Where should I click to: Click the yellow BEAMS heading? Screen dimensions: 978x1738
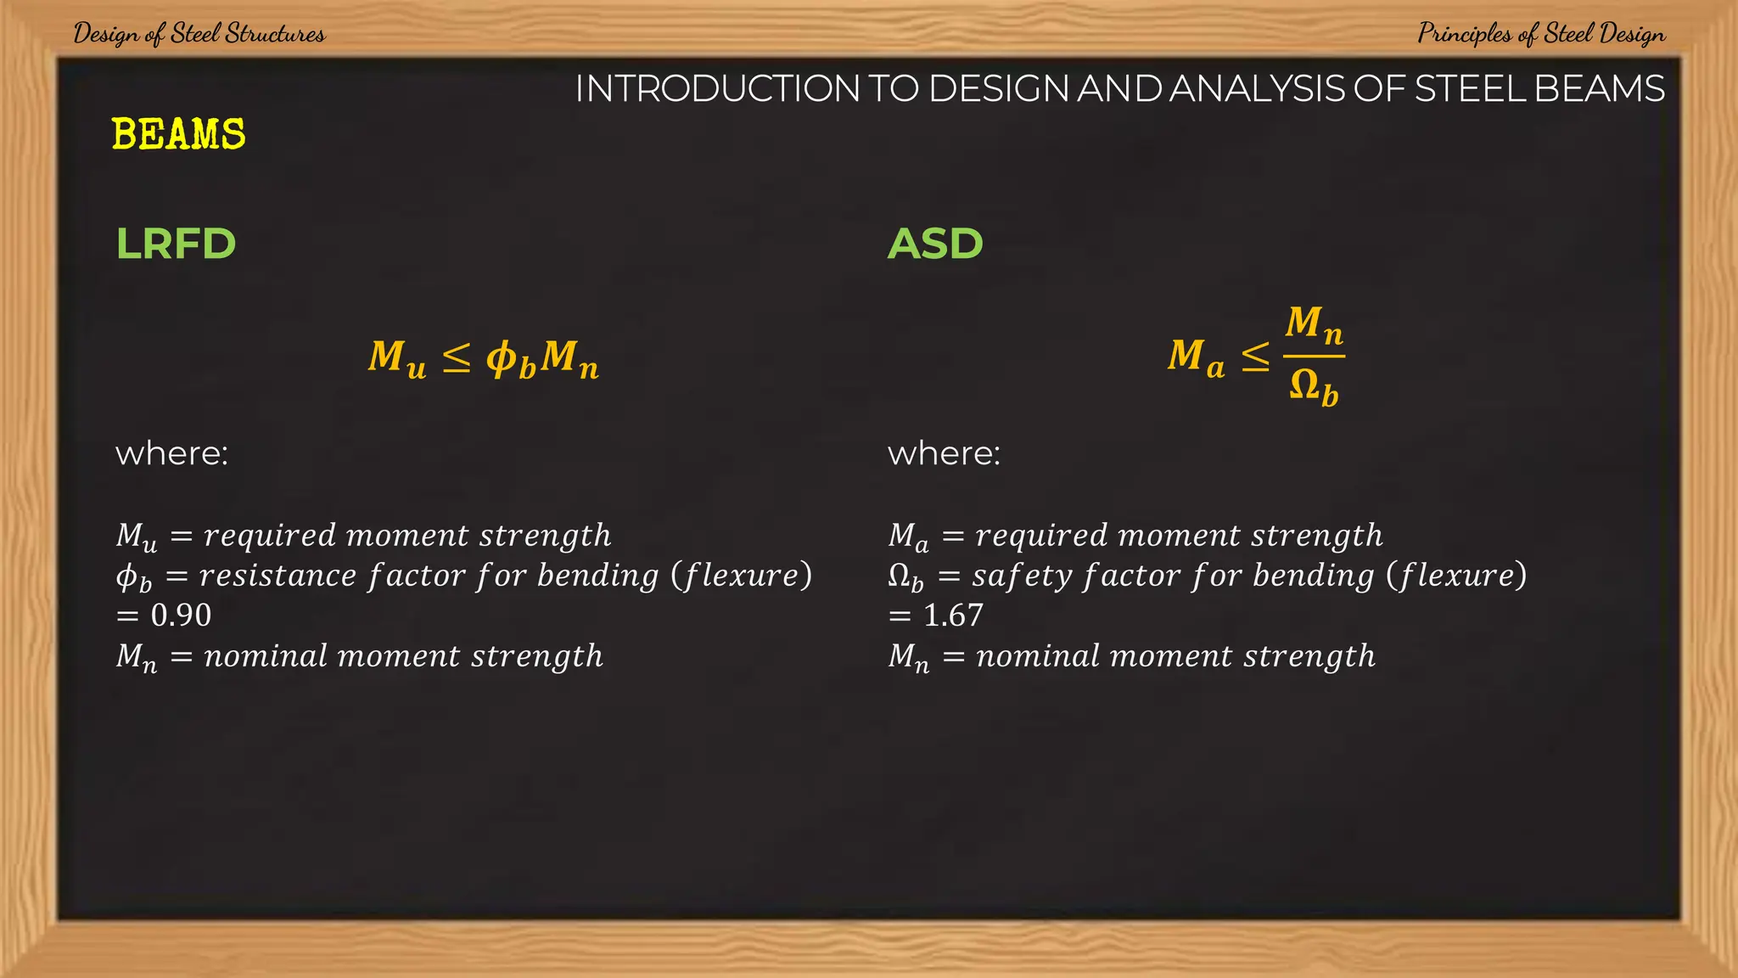click(178, 134)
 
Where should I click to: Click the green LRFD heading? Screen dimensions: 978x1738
click(176, 244)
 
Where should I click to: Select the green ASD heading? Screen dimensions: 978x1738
click(935, 244)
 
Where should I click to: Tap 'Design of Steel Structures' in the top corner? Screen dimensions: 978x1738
click(199, 34)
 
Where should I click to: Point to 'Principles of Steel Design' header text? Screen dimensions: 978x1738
click(1541, 34)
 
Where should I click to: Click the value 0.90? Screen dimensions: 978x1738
click(181, 615)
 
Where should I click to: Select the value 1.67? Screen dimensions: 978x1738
click(953, 615)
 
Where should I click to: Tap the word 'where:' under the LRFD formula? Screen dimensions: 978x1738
click(171, 453)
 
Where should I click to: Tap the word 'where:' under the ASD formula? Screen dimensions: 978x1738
click(944, 453)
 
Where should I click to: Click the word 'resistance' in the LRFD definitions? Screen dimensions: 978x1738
click(278, 576)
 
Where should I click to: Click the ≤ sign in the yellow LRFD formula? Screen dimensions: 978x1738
click(457, 357)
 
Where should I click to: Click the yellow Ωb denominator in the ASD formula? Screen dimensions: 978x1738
click(1314, 387)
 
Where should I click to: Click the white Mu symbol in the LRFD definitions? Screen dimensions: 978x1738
click(137, 537)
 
